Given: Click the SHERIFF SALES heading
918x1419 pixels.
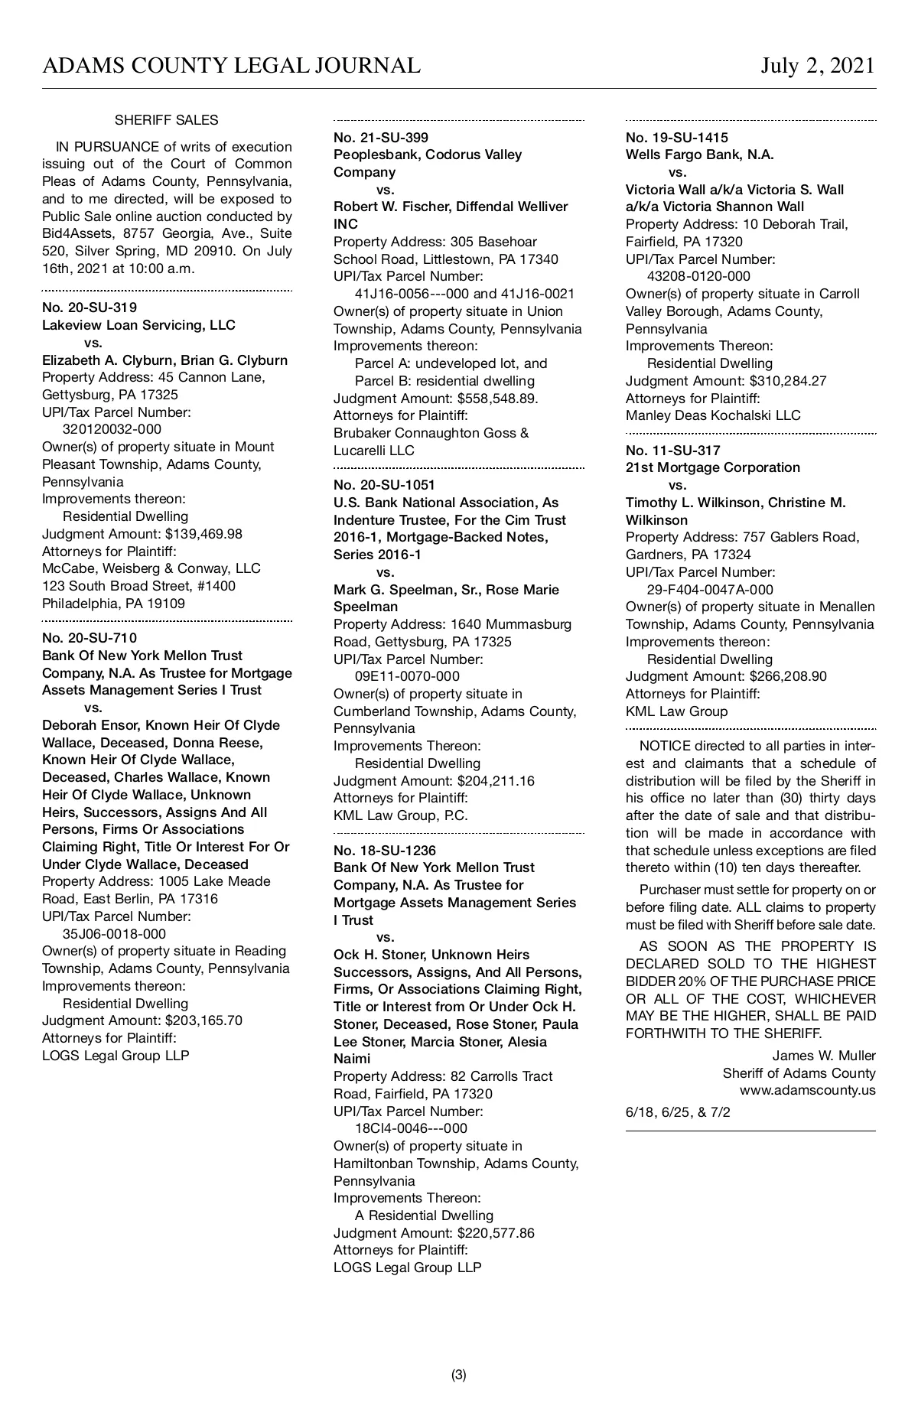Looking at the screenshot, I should tap(166, 120).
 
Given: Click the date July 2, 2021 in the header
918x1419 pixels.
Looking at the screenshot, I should tap(817, 66).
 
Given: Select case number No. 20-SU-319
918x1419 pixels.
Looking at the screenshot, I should tap(90, 308).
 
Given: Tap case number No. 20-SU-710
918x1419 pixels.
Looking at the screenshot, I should tap(90, 638).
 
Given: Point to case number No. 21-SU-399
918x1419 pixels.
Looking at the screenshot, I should tap(381, 138).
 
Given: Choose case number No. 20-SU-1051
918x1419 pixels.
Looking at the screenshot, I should tap(385, 485).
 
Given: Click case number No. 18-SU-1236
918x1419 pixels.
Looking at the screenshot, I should tap(385, 851).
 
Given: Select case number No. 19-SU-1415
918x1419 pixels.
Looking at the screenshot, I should tap(677, 138).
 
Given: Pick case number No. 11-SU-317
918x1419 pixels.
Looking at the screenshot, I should tap(673, 451).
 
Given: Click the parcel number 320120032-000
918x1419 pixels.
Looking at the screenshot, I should tap(112, 429).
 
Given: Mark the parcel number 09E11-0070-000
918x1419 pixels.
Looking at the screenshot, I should tap(407, 676).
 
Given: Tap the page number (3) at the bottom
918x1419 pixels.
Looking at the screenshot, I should tap(459, 1375).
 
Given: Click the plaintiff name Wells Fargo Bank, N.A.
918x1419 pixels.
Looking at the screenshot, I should tap(700, 155).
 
